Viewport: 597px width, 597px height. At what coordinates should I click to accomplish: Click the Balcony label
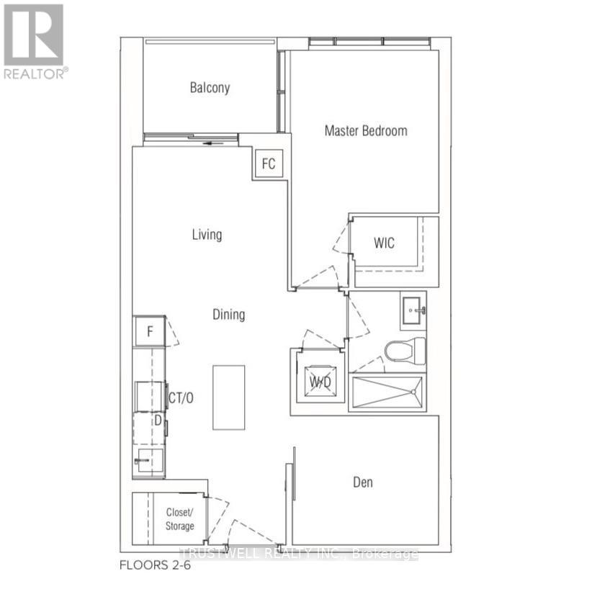tap(210, 88)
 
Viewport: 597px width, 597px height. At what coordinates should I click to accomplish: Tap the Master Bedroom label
tap(365, 130)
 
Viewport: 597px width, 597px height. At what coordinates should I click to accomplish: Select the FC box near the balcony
tap(268, 163)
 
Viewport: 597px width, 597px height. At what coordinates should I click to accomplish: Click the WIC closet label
tap(384, 243)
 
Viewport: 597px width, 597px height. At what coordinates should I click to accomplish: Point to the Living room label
tap(207, 235)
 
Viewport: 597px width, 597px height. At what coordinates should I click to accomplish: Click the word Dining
tap(228, 315)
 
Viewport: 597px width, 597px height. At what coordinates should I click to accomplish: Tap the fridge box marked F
tap(150, 332)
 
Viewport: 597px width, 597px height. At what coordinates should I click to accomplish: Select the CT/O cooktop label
tap(181, 397)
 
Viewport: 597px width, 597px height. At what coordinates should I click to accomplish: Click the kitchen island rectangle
tap(228, 398)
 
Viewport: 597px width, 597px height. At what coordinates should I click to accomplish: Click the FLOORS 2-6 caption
tap(156, 565)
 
